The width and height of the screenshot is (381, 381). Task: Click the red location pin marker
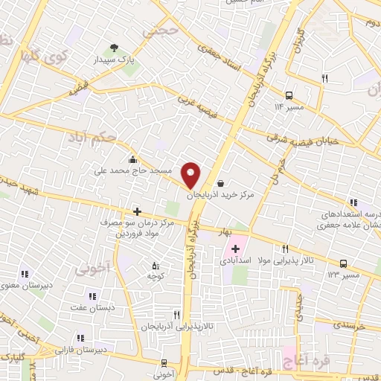tap(191, 175)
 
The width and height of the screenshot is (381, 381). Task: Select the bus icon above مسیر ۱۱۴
tap(289, 95)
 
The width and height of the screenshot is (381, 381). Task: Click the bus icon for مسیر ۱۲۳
tap(343, 263)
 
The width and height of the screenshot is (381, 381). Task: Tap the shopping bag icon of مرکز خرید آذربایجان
tap(220, 182)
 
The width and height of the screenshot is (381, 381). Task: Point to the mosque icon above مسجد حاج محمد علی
tap(132, 159)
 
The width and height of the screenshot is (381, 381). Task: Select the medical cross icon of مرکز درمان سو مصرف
tap(135, 211)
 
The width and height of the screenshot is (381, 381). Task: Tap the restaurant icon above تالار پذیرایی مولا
tap(284, 249)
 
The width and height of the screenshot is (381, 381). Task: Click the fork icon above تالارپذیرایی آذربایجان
tap(176, 315)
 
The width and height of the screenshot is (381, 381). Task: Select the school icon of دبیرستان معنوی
tap(25, 273)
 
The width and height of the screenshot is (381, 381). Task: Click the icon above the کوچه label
tap(156, 266)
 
